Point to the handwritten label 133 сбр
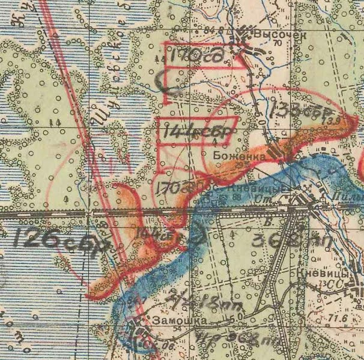(298, 110)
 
